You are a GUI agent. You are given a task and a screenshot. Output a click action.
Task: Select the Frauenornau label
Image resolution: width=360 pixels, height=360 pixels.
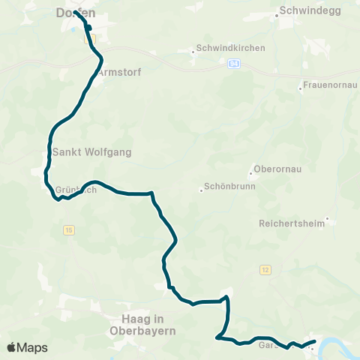pyautogui.click(x=328, y=85)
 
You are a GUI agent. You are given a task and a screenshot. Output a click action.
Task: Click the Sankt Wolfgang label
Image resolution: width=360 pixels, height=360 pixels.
pyautogui.click(x=92, y=152)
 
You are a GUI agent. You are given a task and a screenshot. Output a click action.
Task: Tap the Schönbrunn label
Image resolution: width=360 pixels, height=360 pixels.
pyautogui.click(x=231, y=187)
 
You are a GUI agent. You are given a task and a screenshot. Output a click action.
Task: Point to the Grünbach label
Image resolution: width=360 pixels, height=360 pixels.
pyautogui.click(x=75, y=190)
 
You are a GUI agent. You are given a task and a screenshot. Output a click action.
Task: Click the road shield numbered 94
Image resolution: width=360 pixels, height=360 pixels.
pyautogui.click(x=235, y=63)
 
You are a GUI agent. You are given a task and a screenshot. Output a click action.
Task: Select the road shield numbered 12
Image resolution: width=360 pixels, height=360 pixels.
pyautogui.click(x=265, y=269)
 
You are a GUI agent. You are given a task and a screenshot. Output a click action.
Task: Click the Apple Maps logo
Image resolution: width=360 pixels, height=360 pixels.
pyautogui.click(x=27, y=347)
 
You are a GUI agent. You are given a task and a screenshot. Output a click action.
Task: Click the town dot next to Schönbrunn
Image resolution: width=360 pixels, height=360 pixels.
pyautogui.click(x=202, y=190)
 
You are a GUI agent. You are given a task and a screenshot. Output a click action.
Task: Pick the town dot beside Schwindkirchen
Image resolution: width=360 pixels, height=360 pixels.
pyautogui.click(x=191, y=52)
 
